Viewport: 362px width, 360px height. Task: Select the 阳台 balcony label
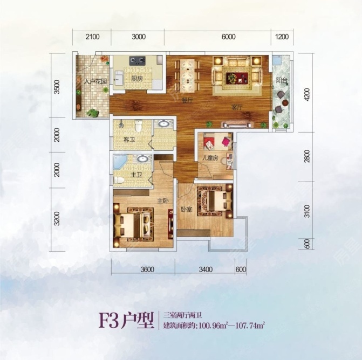(281, 80)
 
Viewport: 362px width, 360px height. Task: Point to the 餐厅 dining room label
(187, 101)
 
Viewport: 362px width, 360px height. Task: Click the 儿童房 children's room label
(210, 158)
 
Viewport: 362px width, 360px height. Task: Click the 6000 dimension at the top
(228, 37)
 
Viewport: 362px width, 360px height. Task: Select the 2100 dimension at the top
(93, 37)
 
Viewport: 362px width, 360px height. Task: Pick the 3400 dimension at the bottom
(208, 269)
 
